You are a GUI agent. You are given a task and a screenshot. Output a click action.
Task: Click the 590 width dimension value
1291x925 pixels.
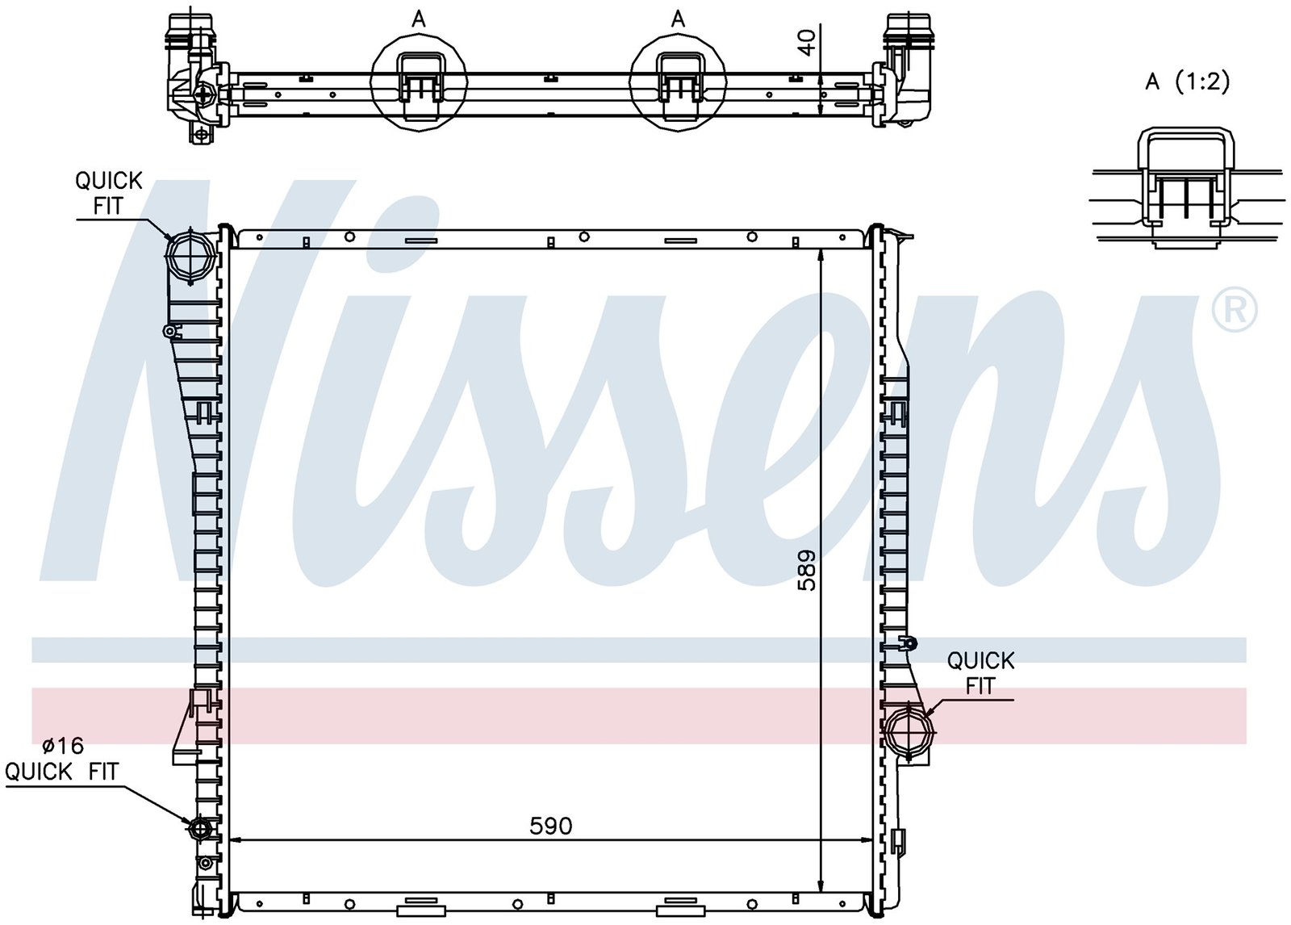coord(550,827)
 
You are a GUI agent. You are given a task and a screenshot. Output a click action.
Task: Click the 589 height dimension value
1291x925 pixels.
coord(807,571)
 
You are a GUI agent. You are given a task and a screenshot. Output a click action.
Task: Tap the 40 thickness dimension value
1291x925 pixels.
coord(808,43)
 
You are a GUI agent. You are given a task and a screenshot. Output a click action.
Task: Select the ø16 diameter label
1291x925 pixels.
coord(64,746)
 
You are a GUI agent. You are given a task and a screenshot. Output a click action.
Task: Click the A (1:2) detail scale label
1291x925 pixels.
coord(1187,82)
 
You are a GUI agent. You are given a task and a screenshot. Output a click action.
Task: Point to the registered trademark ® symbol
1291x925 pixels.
coord(1235,310)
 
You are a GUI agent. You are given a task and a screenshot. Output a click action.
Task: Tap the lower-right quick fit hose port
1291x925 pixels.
coord(909,730)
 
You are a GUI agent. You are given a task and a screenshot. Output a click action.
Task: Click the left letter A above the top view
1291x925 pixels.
coord(419,19)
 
